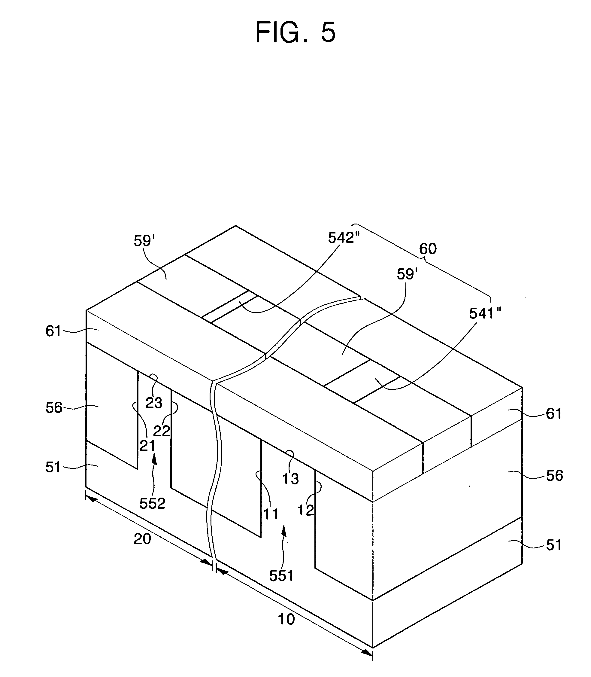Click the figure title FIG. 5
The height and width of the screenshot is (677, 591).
pyautogui.click(x=295, y=32)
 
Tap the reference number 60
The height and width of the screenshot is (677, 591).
pyautogui.click(x=428, y=249)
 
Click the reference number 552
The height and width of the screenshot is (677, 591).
pyautogui.click(x=152, y=503)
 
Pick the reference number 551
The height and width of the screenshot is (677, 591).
pyautogui.click(x=281, y=576)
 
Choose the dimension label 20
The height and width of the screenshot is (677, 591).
pyautogui.click(x=142, y=539)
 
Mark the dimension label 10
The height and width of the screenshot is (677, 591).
pyautogui.click(x=286, y=620)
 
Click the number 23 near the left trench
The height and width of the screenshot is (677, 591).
pyautogui.click(x=154, y=403)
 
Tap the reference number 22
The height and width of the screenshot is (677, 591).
pyautogui.click(x=161, y=431)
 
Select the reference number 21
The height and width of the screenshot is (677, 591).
pyautogui.click(x=147, y=446)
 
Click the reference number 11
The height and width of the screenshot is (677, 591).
pyautogui.click(x=271, y=514)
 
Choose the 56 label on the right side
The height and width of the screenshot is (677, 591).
pyautogui.click(x=554, y=476)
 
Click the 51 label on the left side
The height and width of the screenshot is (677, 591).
pyautogui.click(x=53, y=468)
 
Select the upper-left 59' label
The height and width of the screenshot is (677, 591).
pyautogui.click(x=144, y=241)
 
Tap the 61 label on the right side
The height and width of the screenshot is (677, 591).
pyautogui.click(x=553, y=414)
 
